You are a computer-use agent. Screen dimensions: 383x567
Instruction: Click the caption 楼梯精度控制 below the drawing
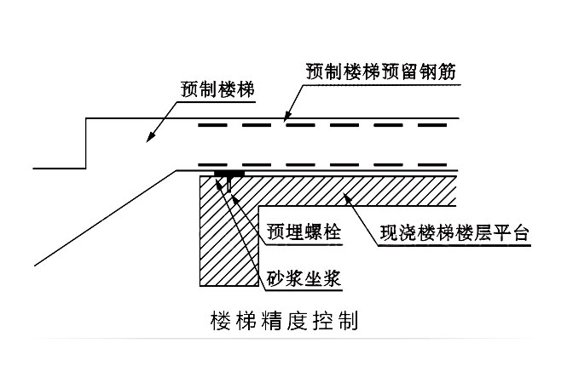click(x=283, y=323)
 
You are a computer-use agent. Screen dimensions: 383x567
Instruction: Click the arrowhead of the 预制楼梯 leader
click(x=149, y=139)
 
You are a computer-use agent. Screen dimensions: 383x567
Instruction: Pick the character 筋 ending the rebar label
click(x=452, y=71)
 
